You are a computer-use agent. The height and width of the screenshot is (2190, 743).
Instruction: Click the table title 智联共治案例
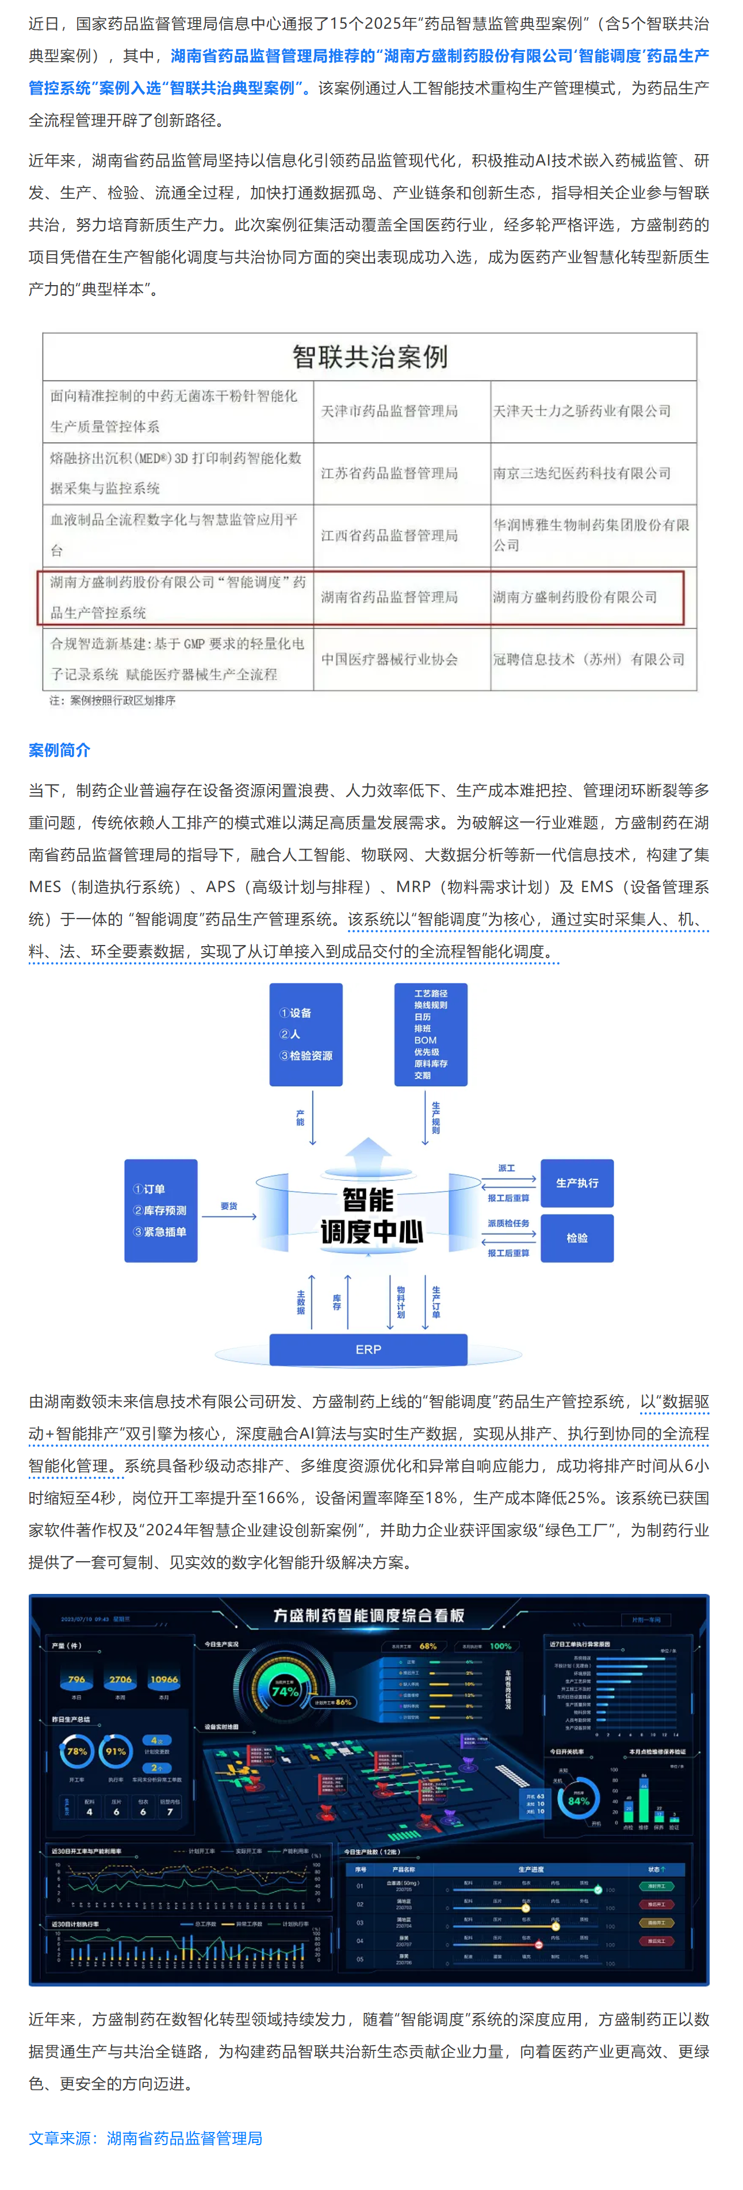pos(370,357)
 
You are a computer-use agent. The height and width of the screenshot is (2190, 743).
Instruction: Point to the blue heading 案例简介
pos(59,750)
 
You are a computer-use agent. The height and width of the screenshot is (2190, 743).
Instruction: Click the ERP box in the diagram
pos(368,1349)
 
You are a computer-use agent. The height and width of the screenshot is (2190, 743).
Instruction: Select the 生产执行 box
pos(577,1182)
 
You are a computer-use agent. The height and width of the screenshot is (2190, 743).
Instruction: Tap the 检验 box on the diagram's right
pos(577,1238)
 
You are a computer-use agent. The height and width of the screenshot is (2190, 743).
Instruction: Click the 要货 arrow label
pos(229,1205)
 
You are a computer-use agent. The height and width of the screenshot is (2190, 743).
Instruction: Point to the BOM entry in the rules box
pos(425,1040)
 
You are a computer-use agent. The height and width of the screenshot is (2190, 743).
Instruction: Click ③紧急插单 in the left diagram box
pos(160,1232)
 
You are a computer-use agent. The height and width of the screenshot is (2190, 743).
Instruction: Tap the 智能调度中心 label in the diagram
pos(370,1216)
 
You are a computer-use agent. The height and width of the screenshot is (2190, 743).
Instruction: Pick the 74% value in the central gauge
pos(284,1691)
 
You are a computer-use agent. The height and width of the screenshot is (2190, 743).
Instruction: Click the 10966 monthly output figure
pos(164,1679)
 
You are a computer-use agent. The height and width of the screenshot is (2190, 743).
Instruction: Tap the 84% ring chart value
pos(578,1800)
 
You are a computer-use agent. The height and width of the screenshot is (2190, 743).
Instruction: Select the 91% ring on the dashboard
pos(116,1751)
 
